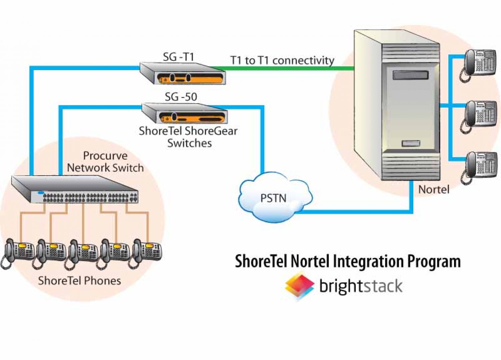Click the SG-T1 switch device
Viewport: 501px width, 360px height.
183,73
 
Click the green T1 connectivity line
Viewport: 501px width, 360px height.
287,69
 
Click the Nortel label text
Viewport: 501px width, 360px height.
434,189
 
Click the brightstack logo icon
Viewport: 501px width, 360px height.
299,285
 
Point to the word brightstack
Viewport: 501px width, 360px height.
361,286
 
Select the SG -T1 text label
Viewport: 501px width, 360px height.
178,57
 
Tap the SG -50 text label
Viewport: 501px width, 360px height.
181,97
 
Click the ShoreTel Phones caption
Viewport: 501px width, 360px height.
79,281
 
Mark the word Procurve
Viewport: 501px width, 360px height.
105,156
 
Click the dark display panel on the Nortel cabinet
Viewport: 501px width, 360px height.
410,75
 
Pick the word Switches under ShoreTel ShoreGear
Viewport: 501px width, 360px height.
189,143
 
